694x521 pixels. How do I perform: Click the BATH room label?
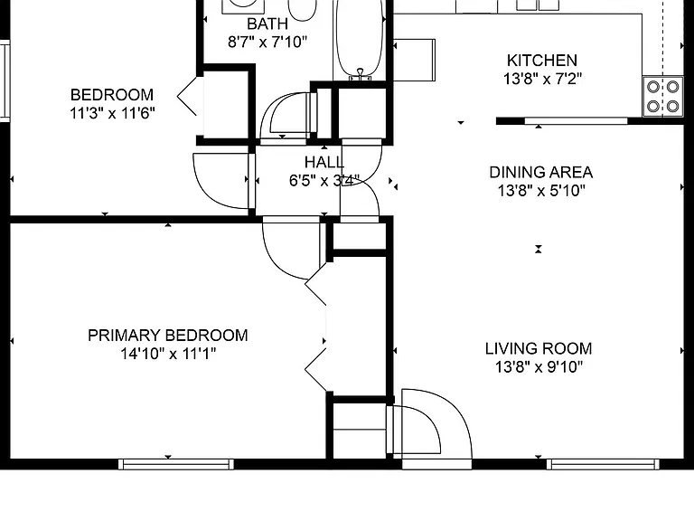pyautogui.click(x=267, y=24)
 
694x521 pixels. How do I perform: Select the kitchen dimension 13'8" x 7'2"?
pyautogui.click(x=542, y=79)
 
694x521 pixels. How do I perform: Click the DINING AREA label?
pyautogui.click(x=541, y=172)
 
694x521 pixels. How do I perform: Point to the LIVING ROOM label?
pyautogui.click(x=539, y=348)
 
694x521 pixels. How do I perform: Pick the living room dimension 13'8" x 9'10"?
pyautogui.click(x=539, y=367)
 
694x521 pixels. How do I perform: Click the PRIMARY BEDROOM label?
pyautogui.click(x=168, y=336)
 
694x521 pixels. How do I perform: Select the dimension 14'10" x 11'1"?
pyautogui.click(x=168, y=354)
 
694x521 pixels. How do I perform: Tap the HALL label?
pyautogui.click(x=324, y=162)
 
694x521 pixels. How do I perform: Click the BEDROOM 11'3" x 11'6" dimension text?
pyautogui.click(x=112, y=113)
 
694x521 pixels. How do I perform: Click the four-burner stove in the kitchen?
pyautogui.click(x=663, y=97)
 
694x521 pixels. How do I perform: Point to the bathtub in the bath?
pyautogui.click(x=359, y=40)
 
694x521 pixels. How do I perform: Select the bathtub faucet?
pyautogui.click(x=361, y=74)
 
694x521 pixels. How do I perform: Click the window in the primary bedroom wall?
pyautogui.click(x=176, y=464)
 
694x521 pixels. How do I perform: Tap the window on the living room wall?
pyautogui.click(x=603, y=464)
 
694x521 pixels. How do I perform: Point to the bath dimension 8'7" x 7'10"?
pyautogui.click(x=267, y=43)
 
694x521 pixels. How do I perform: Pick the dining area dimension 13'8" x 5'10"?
pyautogui.click(x=541, y=191)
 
